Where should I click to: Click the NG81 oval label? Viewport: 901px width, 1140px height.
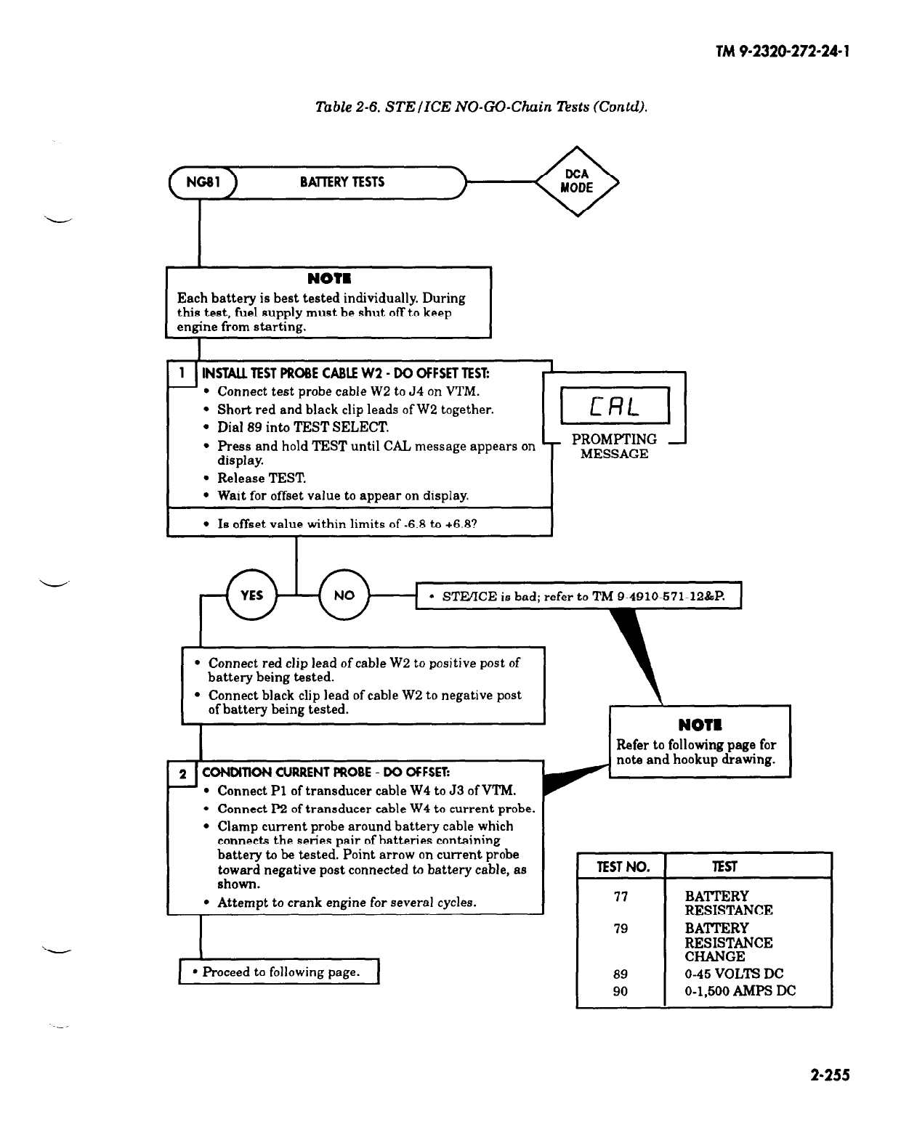pyautogui.click(x=200, y=182)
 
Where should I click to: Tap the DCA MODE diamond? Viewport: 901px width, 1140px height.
pyautogui.click(x=577, y=182)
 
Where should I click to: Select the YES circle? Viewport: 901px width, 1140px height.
pyautogui.click(x=251, y=595)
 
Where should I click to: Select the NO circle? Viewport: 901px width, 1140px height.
pyautogui.click(x=344, y=595)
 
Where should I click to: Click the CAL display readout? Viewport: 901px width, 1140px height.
pyautogui.click(x=615, y=406)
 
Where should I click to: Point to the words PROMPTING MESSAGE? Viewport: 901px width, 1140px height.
pyautogui.click(x=614, y=447)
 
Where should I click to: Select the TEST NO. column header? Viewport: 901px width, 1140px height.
pyautogui.click(x=621, y=866)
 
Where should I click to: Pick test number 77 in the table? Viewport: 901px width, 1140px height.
pyautogui.click(x=621, y=897)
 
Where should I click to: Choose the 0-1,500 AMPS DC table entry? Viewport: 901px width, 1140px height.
pyautogui.click(x=740, y=991)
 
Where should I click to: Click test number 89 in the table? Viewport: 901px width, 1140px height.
pyautogui.click(x=621, y=974)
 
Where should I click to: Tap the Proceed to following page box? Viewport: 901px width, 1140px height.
pyautogui.click(x=280, y=972)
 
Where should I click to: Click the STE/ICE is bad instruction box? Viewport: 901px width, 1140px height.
pyautogui.click(x=578, y=597)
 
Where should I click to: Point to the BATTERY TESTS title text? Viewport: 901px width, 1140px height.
pyautogui.click(x=342, y=182)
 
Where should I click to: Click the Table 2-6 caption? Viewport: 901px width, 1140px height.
pyautogui.click(x=480, y=107)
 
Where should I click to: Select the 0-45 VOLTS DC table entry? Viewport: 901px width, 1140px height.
pyautogui.click(x=734, y=974)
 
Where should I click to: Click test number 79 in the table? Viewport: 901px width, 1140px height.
pyautogui.click(x=621, y=929)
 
